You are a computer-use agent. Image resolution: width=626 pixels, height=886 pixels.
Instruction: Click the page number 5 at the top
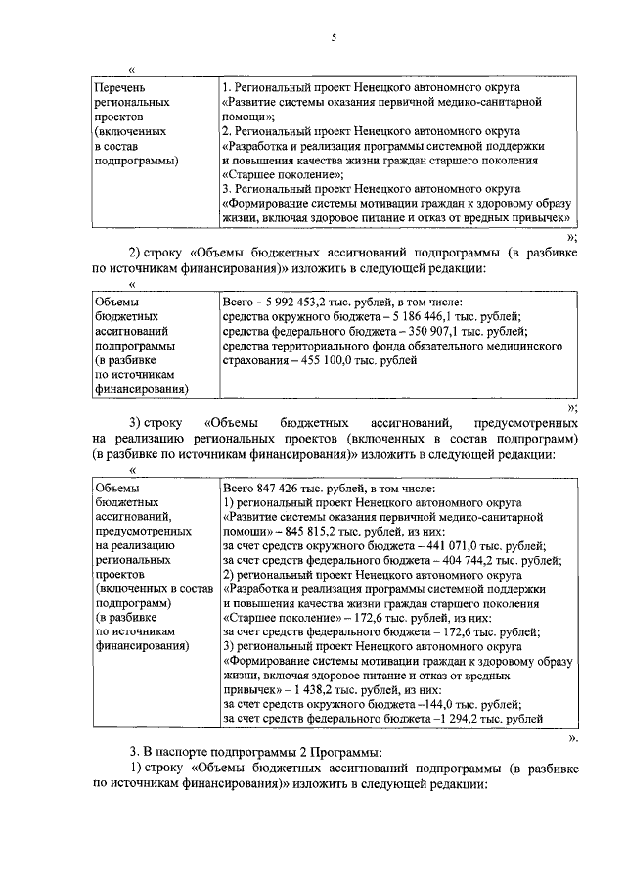(x=333, y=37)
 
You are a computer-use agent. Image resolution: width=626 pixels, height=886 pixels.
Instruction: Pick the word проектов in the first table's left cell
(x=115, y=117)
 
